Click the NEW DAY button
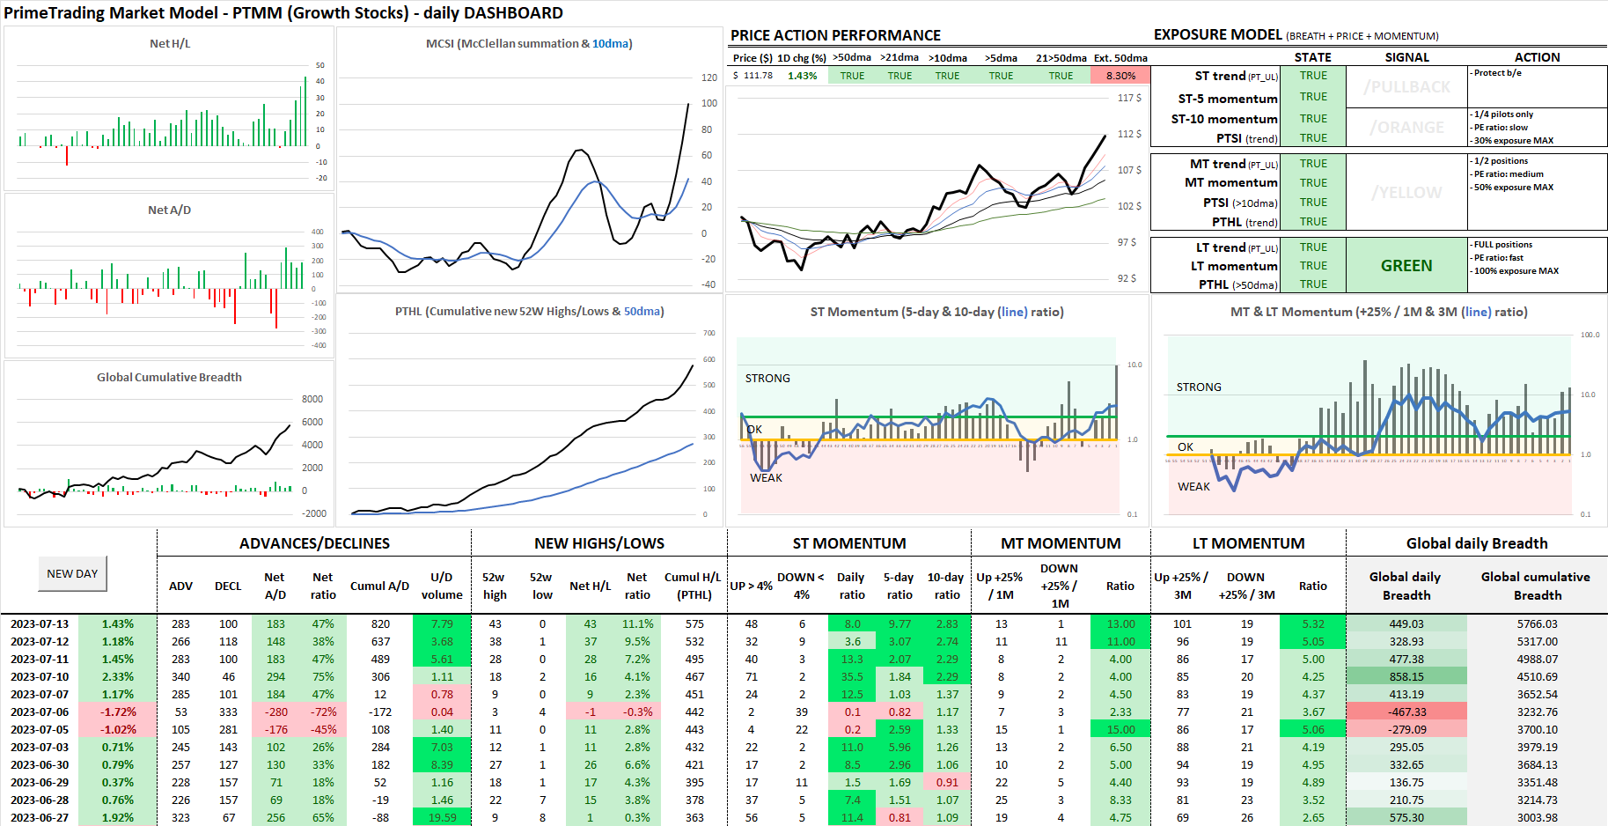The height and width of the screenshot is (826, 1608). click(x=72, y=573)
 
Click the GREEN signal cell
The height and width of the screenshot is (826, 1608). click(x=1406, y=266)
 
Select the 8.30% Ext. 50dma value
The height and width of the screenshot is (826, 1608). click(x=1120, y=76)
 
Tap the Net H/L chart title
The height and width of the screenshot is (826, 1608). click(x=169, y=43)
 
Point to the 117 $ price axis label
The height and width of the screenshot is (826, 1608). click(x=1129, y=98)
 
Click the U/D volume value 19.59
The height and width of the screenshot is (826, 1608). click(x=442, y=817)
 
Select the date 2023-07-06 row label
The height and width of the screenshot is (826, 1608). click(x=40, y=712)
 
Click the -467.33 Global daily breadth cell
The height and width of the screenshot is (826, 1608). click(x=1406, y=712)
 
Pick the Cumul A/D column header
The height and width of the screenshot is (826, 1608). click(x=379, y=586)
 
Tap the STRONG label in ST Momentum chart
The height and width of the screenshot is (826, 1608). click(x=767, y=378)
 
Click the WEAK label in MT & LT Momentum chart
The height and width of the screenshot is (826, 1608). click(x=1193, y=486)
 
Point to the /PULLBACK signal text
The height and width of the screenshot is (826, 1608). click(x=1406, y=87)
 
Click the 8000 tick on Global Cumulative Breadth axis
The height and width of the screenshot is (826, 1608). click(x=312, y=399)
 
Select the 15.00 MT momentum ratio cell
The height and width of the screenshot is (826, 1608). click(x=1120, y=729)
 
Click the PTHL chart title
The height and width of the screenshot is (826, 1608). click(x=529, y=311)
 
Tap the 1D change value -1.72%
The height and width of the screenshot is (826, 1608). click(x=118, y=712)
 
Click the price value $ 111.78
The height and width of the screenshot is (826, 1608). click(x=753, y=76)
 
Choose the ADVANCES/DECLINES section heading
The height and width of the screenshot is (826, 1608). click(x=314, y=543)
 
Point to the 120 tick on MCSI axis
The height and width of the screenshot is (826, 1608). click(x=709, y=77)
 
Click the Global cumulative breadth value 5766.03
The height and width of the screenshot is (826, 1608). click(x=1537, y=623)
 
